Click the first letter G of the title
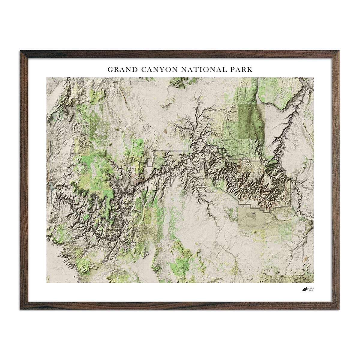[110, 70]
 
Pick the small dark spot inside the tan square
[254, 214]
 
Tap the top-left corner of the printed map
[47, 78]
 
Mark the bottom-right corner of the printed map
[313, 283]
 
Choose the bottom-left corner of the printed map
[47, 283]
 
